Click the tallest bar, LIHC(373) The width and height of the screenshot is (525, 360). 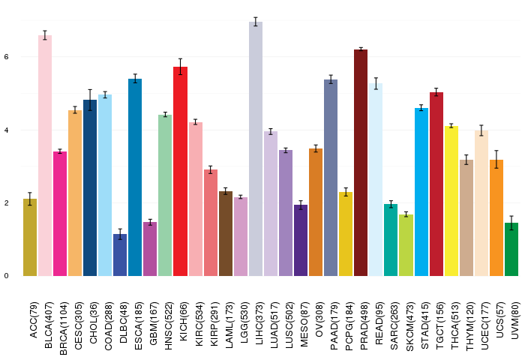point(256,149)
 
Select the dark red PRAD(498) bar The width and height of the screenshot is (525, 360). point(361,163)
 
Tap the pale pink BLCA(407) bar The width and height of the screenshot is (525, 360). point(45,156)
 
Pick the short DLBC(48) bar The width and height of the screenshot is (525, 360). point(120,255)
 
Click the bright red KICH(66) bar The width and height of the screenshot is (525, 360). point(181,172)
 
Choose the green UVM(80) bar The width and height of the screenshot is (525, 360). point(511,250)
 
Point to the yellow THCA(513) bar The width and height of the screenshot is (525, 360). point(451,201)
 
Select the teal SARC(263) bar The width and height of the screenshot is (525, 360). point(391,240)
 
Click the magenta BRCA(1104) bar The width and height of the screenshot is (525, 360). point(60,214)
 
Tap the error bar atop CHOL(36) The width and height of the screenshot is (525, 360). point(90,100)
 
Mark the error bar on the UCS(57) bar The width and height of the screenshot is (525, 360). point(496,160)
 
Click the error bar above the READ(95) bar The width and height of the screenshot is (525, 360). point(376,83)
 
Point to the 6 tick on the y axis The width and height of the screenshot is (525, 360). point(6,57)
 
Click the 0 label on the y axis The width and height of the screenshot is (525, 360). point(6,276)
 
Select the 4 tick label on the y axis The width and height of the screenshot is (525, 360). point(6,130)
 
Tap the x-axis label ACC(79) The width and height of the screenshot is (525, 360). point(34,320)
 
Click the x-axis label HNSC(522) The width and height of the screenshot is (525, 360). point(169,325)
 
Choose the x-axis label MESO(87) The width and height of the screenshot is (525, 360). point(304,324)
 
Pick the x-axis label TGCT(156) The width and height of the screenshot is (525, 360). point(439,325)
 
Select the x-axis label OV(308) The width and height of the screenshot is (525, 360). point(319,319)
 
